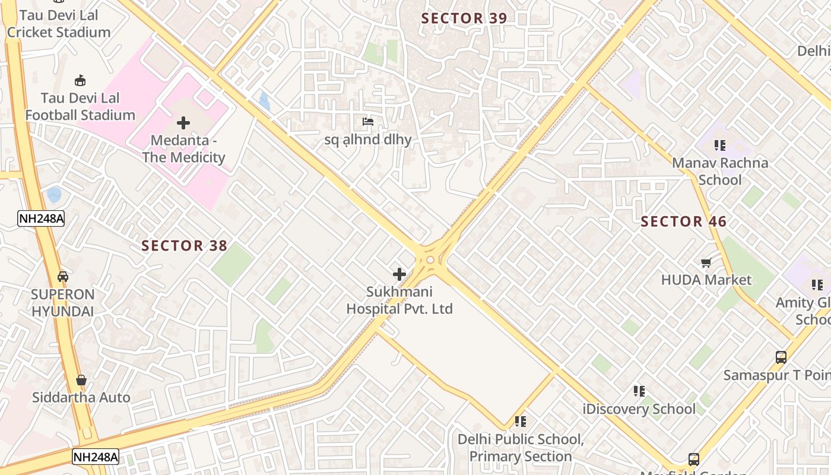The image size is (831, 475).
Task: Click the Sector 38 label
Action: coord(184,246)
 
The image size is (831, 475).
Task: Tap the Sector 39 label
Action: coord(464,18)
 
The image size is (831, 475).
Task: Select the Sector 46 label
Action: coord(684,222)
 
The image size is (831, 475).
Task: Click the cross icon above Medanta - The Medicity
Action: coord(183,123)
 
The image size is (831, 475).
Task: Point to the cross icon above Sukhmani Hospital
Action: coord(399,274)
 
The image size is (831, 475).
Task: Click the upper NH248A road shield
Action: coord(41,218)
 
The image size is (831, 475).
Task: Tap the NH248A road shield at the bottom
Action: coord(96,457)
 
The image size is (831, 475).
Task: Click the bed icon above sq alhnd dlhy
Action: coord(368,122)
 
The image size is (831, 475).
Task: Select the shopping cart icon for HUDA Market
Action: coord(706,262)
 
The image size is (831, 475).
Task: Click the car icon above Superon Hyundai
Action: coord(62,277)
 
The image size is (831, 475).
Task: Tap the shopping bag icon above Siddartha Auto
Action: coord(81,380)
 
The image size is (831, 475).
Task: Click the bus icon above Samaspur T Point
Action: coord(781,357)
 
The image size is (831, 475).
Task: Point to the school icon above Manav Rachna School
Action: coord(720,145)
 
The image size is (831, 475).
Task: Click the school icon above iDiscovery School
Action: coord(639,391)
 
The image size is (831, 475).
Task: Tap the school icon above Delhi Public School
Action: coord(521,422)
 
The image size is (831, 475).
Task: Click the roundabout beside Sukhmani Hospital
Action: coord(430,260)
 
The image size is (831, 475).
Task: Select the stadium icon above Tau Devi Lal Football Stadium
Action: coord(80,80)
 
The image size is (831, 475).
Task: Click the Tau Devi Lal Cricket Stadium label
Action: coord(58,24)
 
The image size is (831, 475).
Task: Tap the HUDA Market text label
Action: coord(706,280)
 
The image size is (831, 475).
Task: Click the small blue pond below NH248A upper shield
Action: coord(54,194)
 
